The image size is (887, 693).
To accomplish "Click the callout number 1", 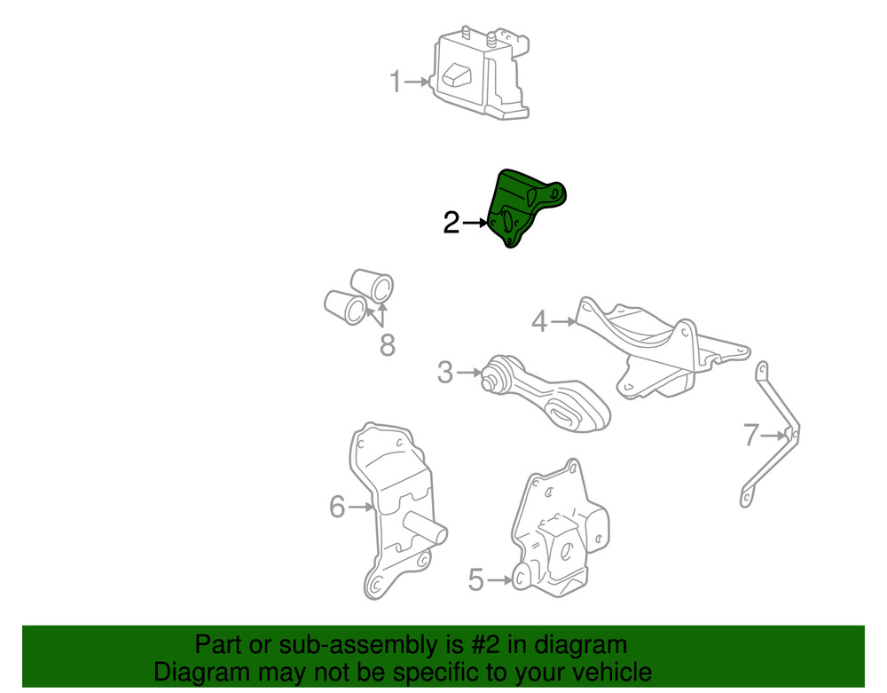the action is [x=395, y=82].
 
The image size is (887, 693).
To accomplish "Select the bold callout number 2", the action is [x=451, y=223].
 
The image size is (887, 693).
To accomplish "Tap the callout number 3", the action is [x=445, y=373].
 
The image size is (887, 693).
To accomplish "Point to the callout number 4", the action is [x=539, y=321].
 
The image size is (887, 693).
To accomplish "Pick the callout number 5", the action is [x=476, y=579].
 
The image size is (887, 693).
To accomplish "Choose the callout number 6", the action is [x=337, y=507].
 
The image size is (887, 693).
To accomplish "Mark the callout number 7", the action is [x=750, y=435].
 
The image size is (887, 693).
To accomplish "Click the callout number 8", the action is [x=388, y=345].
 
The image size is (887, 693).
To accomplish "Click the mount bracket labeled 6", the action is [x=393, y=509].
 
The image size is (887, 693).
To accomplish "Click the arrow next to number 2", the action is [x=475, y=224].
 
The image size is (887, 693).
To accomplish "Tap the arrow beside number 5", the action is [x=500, y=579].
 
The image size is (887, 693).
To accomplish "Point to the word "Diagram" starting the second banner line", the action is [x=201, y=673].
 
